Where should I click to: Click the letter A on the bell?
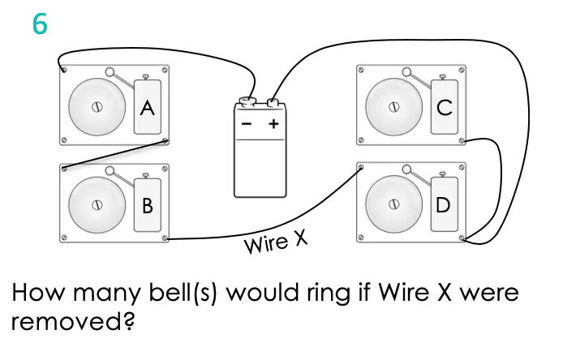pos(147,108)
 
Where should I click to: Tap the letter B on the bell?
pos(148,206)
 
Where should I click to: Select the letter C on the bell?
pos(445,108)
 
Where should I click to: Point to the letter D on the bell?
pos(443,205)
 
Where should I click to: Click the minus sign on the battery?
pos(247,124)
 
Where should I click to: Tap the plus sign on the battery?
pos(273,124)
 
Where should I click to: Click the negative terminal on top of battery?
pos(247,101)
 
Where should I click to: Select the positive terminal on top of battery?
pos(273,103)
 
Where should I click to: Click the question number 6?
pos(40,24)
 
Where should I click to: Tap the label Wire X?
pos(275,242)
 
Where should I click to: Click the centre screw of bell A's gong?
pos(97,107)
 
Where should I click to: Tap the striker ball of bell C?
pos(406,72)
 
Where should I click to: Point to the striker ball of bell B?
pos(110,170)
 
